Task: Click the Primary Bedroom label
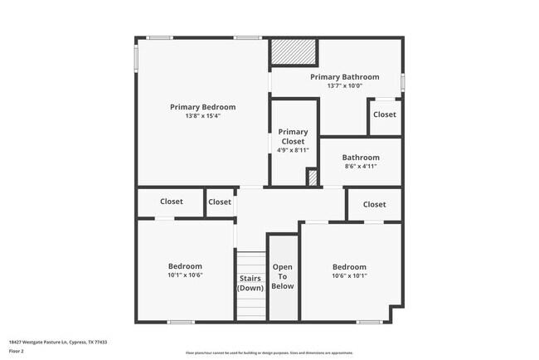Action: (202, 107)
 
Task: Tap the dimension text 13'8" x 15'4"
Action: (202, 116)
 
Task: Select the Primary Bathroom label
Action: (344, 77)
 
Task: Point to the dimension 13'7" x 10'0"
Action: (344, 85)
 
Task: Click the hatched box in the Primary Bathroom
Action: (294, 53)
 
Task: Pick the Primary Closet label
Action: (293, 137)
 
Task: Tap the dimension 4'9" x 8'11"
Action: (293, 150)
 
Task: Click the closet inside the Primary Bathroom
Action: (384, 114)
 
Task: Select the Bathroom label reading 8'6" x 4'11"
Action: (361, 158)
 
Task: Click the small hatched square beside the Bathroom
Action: (313, 177)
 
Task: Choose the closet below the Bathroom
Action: (374, 204)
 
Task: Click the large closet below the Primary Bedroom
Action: (172, 202)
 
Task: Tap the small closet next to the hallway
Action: (220, 202)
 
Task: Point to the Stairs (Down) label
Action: (250, 283)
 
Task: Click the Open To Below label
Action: (283, 277)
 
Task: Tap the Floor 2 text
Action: (17, 351)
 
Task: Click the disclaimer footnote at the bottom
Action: (269, 353)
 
